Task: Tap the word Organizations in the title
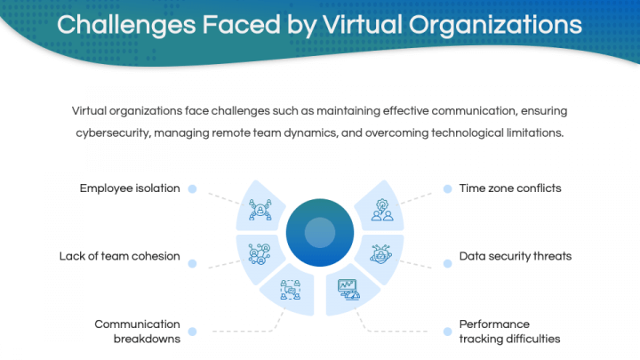pos(495,26)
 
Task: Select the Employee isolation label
pos(130,188)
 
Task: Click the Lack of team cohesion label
pos(120,256)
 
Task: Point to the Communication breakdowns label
pos(138,332)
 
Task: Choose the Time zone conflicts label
pos(510,188)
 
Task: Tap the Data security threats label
pos(516,256)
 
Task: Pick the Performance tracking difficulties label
pos(509,332)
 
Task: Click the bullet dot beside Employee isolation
pos(192,188)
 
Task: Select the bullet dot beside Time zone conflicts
pos(448,188)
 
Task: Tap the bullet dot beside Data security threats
pos(448,263)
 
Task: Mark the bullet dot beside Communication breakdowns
pos(192,332)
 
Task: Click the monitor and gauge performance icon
pos(349,290)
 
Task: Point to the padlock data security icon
pos(380,254)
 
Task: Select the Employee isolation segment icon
pos(260,210)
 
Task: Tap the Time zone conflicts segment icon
pos(382,210)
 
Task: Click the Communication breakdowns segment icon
pos(290,290)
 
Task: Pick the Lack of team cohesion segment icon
pos(260,254)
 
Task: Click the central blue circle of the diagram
pos(320,233)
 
